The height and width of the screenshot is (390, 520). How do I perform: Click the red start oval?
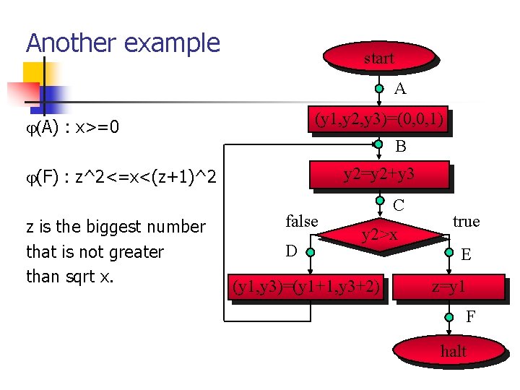click(379, 58)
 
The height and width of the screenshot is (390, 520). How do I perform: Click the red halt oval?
click(454, 352)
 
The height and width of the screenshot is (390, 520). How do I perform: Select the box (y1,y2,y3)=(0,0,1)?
click(378, 119)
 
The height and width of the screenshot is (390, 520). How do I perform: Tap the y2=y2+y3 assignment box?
click(378, 174)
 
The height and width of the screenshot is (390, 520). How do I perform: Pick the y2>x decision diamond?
click(379, 234)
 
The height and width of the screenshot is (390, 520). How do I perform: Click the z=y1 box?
click(448, 287)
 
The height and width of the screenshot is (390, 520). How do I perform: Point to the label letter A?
click(400, 89)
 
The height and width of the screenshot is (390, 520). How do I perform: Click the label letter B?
click(400, 146)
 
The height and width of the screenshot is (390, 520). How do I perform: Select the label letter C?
click(399, 205)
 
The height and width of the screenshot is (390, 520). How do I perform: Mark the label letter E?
click(466, 254)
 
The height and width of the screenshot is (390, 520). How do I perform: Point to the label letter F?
click(470, 316)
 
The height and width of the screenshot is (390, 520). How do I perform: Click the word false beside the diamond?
click(302, 221)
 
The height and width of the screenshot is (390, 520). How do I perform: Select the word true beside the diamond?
click(466, 221)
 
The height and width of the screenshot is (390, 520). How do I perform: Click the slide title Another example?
click(123, 43)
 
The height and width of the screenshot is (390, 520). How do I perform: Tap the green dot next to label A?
click(379, 89)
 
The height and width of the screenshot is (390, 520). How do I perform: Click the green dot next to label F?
click(448, 316)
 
